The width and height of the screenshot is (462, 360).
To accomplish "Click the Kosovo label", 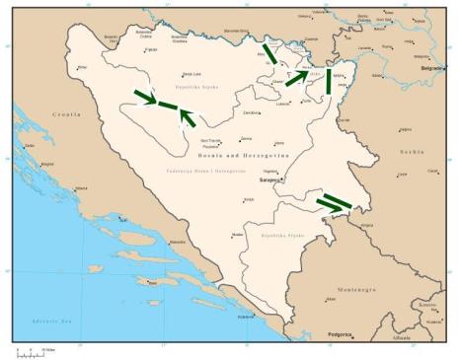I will pyautogui.click(x=427, y=306).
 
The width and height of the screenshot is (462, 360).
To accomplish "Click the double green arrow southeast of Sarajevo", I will pyautogui.click(x=334, y=203).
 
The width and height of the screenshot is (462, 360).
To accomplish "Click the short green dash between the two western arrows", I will pyautogui.click(x=168, y=106).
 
